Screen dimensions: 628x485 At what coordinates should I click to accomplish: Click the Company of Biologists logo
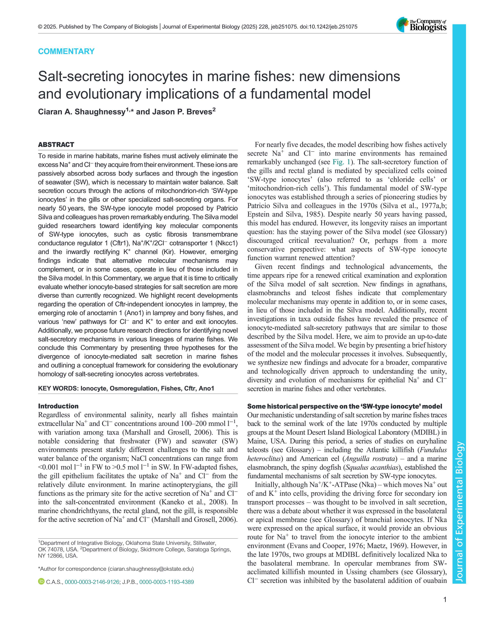point(421,25)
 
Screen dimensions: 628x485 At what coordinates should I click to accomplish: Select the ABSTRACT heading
point(56,145)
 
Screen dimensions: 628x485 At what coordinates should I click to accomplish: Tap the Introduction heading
point(58,406)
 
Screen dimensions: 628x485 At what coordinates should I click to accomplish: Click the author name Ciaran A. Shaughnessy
point(81,112)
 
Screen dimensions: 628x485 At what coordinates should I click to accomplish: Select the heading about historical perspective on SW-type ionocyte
point(344,406)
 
